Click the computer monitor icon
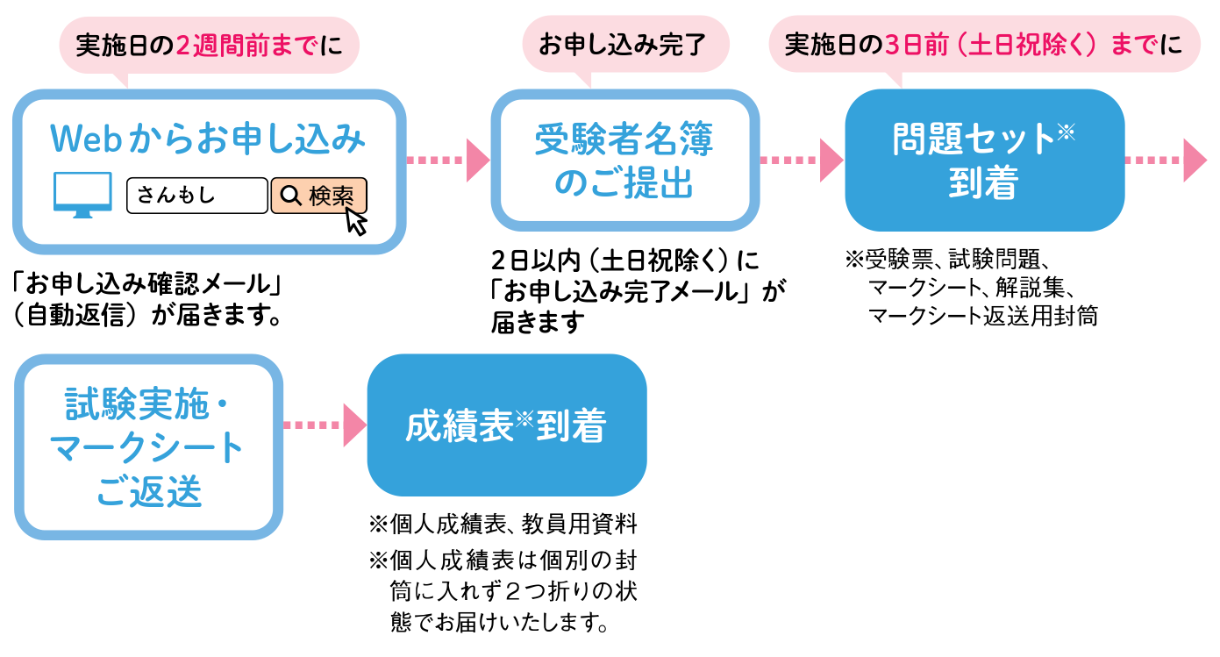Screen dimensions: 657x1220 click(x=82, y=194)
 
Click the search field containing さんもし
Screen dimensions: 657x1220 click(x=196, y=196)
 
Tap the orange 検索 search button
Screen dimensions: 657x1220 click(x=317, y=195)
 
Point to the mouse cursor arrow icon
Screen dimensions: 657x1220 click(x=355, y=220)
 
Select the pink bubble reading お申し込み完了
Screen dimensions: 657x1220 click(x=624, y=44)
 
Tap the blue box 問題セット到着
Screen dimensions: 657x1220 click(x=983, y=161)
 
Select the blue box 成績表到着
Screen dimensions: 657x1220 click(x=506, y=426)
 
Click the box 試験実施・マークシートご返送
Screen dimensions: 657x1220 click(x=148, y=447)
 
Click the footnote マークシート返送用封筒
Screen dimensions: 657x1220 click(x=982, y=316)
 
